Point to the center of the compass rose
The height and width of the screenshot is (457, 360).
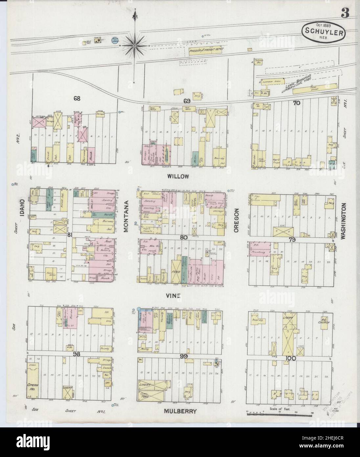pyautogui.click(x=134, y=45)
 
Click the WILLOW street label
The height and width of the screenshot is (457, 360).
pyautogui.click(x=178, y=176)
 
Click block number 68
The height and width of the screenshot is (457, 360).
pyautogui.click(x=77, y=98)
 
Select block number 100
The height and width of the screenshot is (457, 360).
pyautogui.click(x=290, y=357)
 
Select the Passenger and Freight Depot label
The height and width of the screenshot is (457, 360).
pyautogui.click(x=206, y=49)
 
